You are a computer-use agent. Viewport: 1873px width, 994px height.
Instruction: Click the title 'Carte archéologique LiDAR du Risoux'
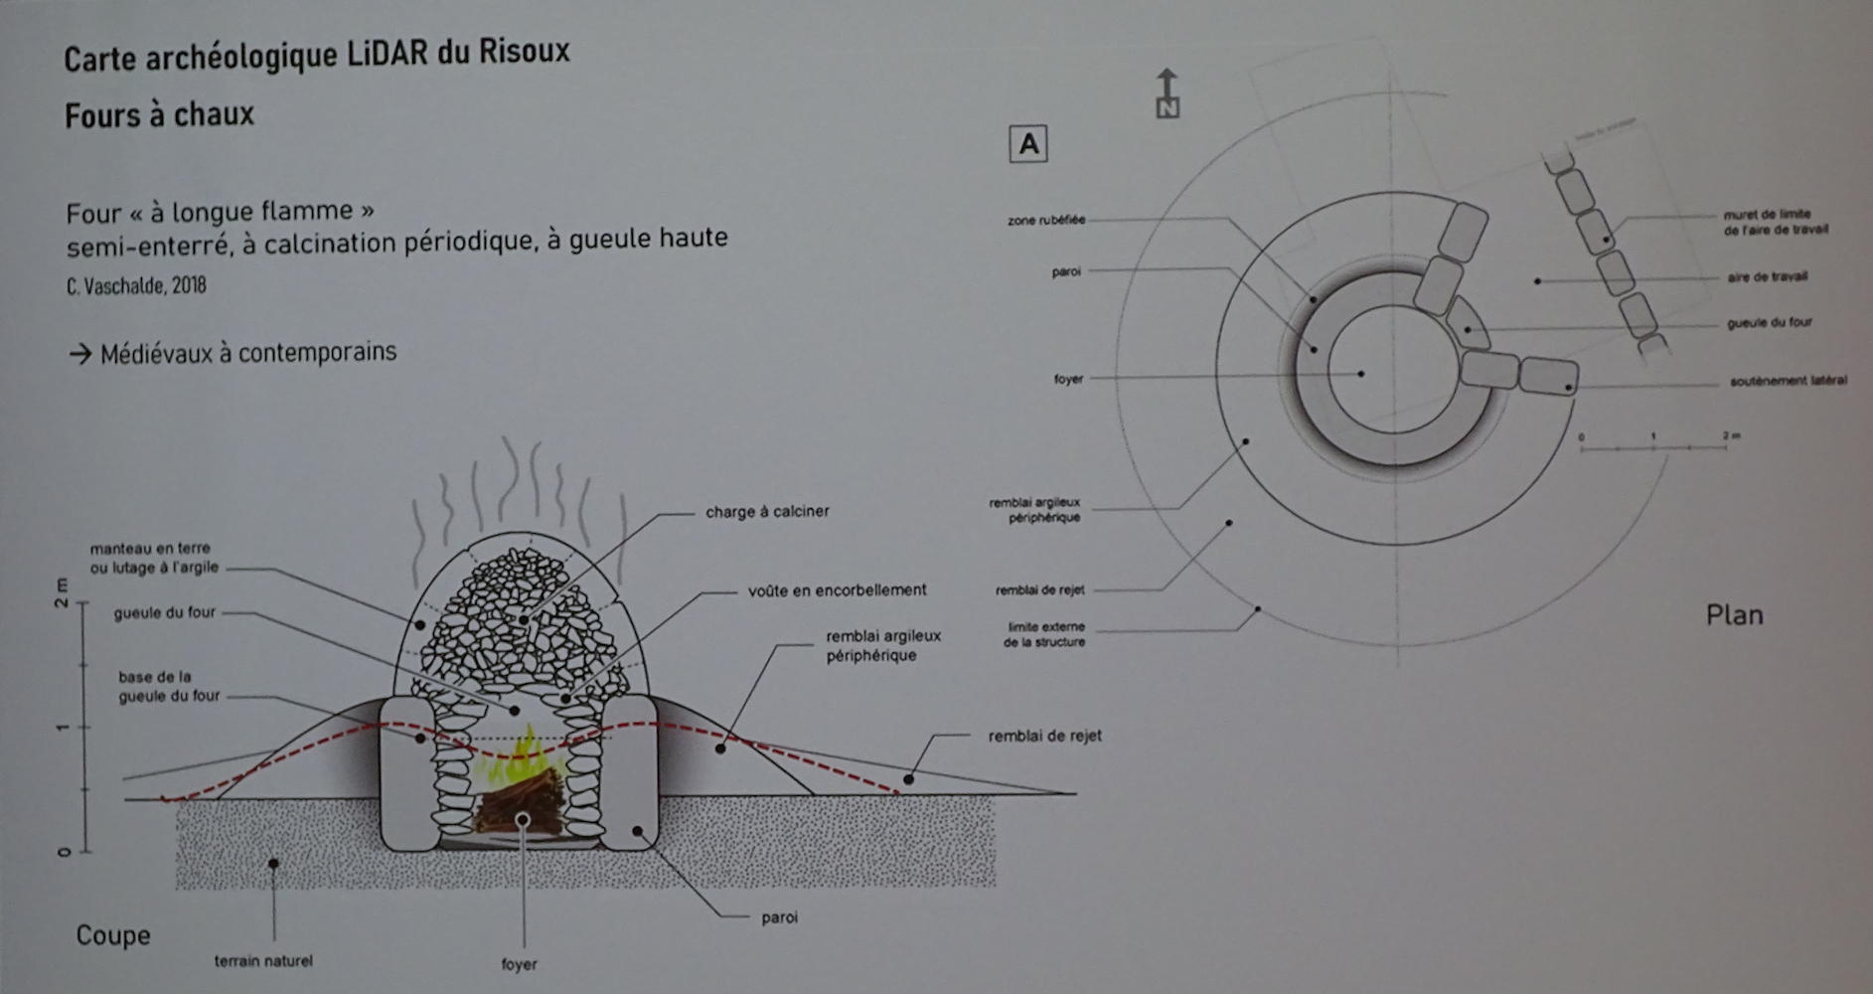[x=317, y=55]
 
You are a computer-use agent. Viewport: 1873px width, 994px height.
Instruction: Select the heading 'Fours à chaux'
[x=159, y=115]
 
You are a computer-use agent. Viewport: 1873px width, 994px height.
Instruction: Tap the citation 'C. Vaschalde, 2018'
[x=136, y=286]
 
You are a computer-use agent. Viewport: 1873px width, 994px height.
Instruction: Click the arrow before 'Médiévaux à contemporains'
[x=79, y=353]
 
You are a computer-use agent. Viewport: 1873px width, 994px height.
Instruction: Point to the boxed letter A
[x=1027, y=145]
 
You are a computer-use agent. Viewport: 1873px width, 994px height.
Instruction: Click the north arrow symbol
[x=1168, y=93]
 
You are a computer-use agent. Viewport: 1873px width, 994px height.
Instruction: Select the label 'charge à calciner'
[x=766, y=512]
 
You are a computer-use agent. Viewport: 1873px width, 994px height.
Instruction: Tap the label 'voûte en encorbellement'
[x=837, y=590]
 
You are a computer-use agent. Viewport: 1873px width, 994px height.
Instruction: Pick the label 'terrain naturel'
[x=263, y=961]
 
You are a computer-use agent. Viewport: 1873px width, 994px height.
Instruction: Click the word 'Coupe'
[x=113, y=935]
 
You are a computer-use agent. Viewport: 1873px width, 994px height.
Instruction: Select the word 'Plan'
[x=1734, y=615]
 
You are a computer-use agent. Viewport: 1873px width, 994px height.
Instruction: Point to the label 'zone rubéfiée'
[x=1046, y=220]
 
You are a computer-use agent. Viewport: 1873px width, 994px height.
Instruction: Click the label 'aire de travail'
[x=1767, y=277]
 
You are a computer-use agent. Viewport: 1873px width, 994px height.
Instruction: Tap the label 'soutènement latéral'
[x=1788, y=381]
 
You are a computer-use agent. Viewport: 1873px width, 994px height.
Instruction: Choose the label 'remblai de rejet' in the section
[x=1044, y=737]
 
